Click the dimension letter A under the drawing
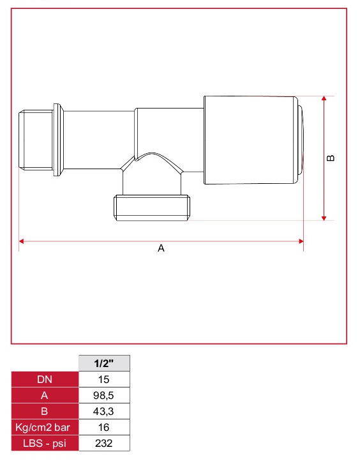click(161, 248)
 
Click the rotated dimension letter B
click(330, 158)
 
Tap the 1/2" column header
click(104, 363)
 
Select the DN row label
click(45, 379)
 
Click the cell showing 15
click(104, 379)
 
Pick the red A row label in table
click(45, 395)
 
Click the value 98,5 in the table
click(104, 395)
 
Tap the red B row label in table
click(45, 411)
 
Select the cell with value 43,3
click(104, 411)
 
